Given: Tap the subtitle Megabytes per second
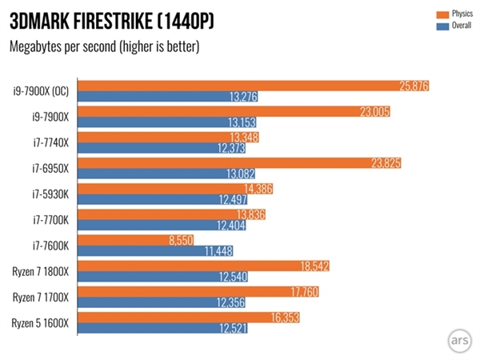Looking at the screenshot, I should tap(103, 46).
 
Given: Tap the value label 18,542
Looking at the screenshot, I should tap(313, 266).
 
